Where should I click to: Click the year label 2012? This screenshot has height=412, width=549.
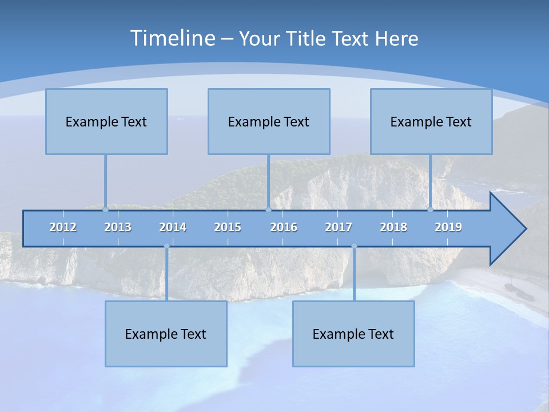(x=63, y=227)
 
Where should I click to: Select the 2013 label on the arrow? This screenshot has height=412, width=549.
(x=118, y=227)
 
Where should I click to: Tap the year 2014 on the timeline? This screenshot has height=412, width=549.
(x=173, y=227)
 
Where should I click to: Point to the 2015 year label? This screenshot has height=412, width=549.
(x=228, y=227)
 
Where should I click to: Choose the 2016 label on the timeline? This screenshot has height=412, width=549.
(x=284, y=227)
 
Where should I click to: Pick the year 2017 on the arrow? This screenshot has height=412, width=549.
(x=339, y=227)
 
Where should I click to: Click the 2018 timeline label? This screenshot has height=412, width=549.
(x=393, y=227)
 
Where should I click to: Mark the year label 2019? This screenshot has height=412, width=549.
(x=448, y=227)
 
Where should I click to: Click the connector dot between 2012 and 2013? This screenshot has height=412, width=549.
(x=106, y=209)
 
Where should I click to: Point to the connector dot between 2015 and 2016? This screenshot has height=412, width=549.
(x=268, y=209)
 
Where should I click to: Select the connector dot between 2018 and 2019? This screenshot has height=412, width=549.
(x=431, y=209)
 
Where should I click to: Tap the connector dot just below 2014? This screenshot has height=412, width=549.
(x=166, y=246)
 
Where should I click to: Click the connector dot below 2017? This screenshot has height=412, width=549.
(x=354, y=246)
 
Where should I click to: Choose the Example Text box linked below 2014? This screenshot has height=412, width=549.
(x=166, y=334)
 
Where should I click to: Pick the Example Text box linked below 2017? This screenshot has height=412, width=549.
(x=353, y=334)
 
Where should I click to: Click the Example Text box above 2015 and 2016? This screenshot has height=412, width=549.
(x=269, y=121)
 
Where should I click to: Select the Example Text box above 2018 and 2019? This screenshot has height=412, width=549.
(x=431, y=121)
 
